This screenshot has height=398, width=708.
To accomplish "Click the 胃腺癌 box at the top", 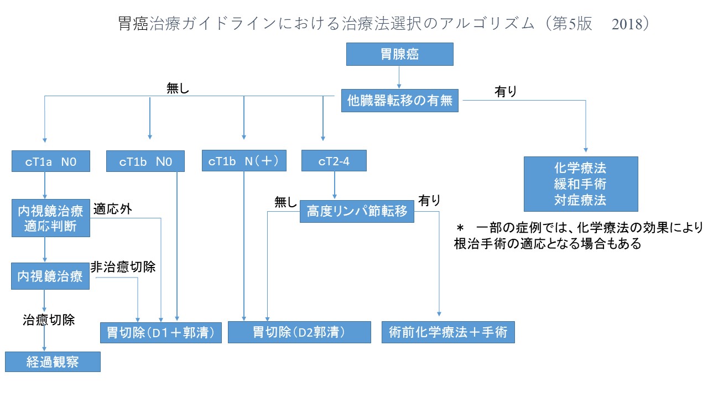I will [399, 54].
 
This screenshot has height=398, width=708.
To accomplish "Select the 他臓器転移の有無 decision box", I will [399, 101].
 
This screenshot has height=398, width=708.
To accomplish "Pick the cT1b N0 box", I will [145, 162].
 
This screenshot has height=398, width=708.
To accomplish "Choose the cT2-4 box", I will [334, 161].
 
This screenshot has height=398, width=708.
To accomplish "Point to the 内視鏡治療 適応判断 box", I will [50, 218].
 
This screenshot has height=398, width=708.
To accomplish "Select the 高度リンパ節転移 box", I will [357, 211].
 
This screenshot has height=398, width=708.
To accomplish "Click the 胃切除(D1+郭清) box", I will [157, 333].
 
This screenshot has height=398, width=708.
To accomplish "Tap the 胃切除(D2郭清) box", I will [299, 332].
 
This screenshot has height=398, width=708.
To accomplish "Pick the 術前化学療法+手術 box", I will [448, 332].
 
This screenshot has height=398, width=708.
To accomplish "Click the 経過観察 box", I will [53, 362].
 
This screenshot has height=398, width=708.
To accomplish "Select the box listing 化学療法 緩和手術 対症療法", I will [581, 184].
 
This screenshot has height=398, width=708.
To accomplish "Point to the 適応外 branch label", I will [112, 209].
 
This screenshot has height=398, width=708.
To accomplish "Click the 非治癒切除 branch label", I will [122, 267].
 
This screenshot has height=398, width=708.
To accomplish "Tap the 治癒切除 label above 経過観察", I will [49, 320].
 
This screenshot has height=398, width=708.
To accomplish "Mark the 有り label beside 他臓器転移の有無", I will [506, 92].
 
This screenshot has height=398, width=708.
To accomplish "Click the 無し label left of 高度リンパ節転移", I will [285, 202].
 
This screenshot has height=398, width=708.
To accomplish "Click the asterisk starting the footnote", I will [459, 228].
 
